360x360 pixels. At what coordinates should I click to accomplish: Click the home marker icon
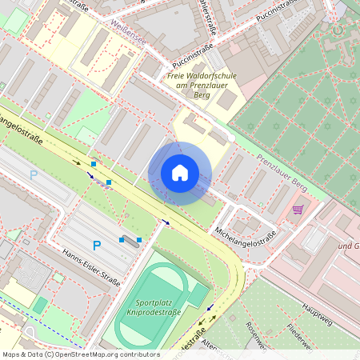tap(180, 173)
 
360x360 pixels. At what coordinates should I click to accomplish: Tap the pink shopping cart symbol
tap(298, 210)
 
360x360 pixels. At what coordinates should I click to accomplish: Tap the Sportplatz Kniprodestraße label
tap(159, 309)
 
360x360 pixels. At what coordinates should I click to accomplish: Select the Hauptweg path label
tap(317, 310)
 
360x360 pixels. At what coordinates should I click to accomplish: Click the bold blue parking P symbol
tap(96, 246)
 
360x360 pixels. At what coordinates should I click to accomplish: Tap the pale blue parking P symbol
tap(34, 174)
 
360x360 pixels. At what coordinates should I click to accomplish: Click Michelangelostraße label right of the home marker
tap(245, 236)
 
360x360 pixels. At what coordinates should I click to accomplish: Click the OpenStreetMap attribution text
tap(81, 354)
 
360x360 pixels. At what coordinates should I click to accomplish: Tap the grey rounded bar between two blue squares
tap(130, 239)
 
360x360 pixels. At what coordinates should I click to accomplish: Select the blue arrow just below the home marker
tap(166, 222)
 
